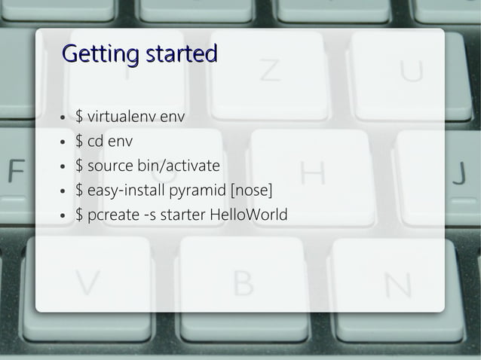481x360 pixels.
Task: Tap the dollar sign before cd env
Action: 79,141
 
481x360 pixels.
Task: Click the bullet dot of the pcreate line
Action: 63,216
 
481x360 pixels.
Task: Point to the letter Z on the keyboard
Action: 270,70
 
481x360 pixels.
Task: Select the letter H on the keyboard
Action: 313,173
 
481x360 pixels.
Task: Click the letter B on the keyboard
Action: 243,283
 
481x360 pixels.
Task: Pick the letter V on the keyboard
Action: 87,283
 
